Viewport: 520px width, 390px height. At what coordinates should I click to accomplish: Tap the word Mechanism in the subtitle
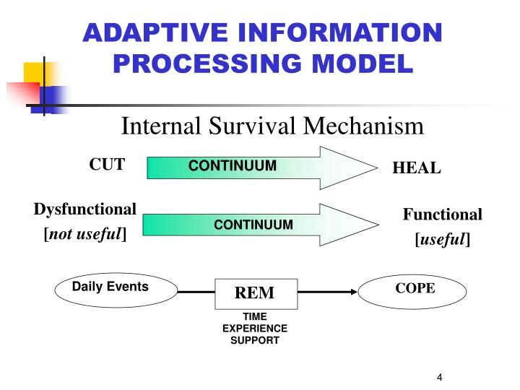pos(363,126)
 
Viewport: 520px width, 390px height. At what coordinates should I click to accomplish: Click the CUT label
pos(107,164)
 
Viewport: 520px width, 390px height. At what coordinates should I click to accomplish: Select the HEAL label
pos(416,168)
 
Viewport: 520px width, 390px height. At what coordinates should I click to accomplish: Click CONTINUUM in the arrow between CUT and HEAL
pos(233,166)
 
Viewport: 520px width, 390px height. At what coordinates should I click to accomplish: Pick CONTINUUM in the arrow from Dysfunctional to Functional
pos(253,225)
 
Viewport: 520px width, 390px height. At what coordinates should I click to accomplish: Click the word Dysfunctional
pos(85,209)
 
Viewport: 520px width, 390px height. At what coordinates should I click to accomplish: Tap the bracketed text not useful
pos(85,234)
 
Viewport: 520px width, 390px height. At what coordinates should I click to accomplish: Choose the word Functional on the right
pos(442,214)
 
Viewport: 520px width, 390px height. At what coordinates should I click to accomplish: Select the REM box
pos(254,292)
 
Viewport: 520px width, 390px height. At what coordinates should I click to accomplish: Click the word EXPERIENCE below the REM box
pos(254,328)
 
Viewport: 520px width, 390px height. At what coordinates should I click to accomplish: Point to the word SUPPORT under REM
pos(254,339)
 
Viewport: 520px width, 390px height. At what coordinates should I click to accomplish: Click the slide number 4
pos(438,378)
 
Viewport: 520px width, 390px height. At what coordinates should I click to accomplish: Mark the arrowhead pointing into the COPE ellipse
pos(355,292)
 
